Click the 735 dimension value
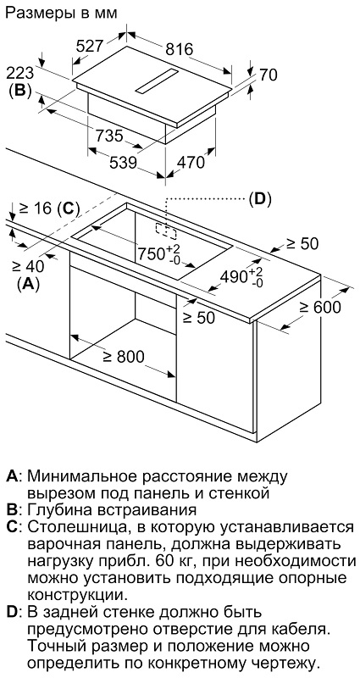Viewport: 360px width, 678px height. pos(109,136)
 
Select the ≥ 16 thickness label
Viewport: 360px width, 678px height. pos(35,208)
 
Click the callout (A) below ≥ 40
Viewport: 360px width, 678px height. pos(28,284)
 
